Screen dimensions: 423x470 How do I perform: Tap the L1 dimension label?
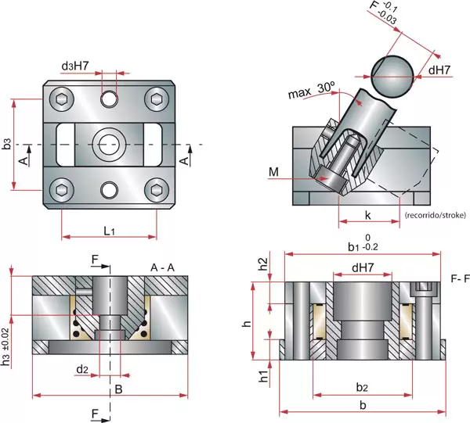coord(109,231)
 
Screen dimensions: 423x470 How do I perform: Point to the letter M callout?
coord(273,171)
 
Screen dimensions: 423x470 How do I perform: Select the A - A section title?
coord(161,267)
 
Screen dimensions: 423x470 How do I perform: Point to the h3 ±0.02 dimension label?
coord(7,346)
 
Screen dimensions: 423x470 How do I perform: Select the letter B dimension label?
coord(118,388)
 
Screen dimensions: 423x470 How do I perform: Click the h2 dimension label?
coord(264,265)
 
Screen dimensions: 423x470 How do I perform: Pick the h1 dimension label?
coord(264,375)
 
